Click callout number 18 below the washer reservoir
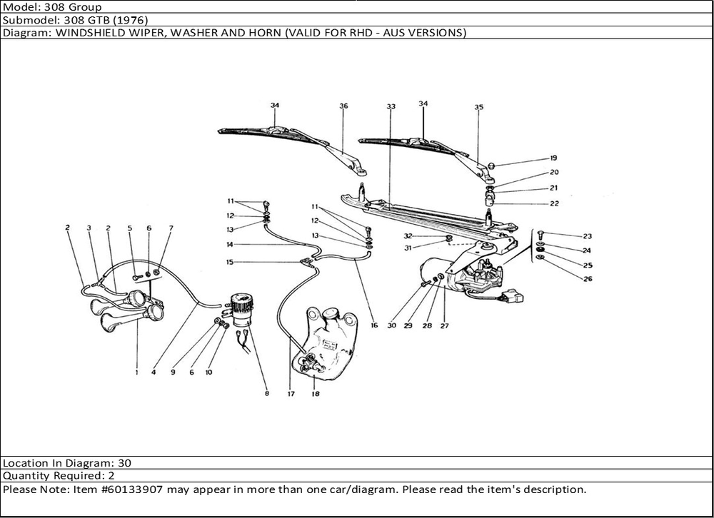click(315, 393)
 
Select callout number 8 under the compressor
click(266, 393)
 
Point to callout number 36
click(343, 106)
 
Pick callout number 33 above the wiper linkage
click(391, 106)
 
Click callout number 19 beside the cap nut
click(553, 158)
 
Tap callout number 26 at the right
click(588, 279)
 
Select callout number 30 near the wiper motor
click(391, 325)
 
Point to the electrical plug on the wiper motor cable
click(511, 295)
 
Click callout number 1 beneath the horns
click(136, 372)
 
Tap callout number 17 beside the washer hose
click(291, 393)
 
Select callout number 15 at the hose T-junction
click(229, 262)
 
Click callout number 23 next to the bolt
click(587, 236)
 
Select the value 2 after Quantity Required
click(112, 476)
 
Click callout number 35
click(478, 107)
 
